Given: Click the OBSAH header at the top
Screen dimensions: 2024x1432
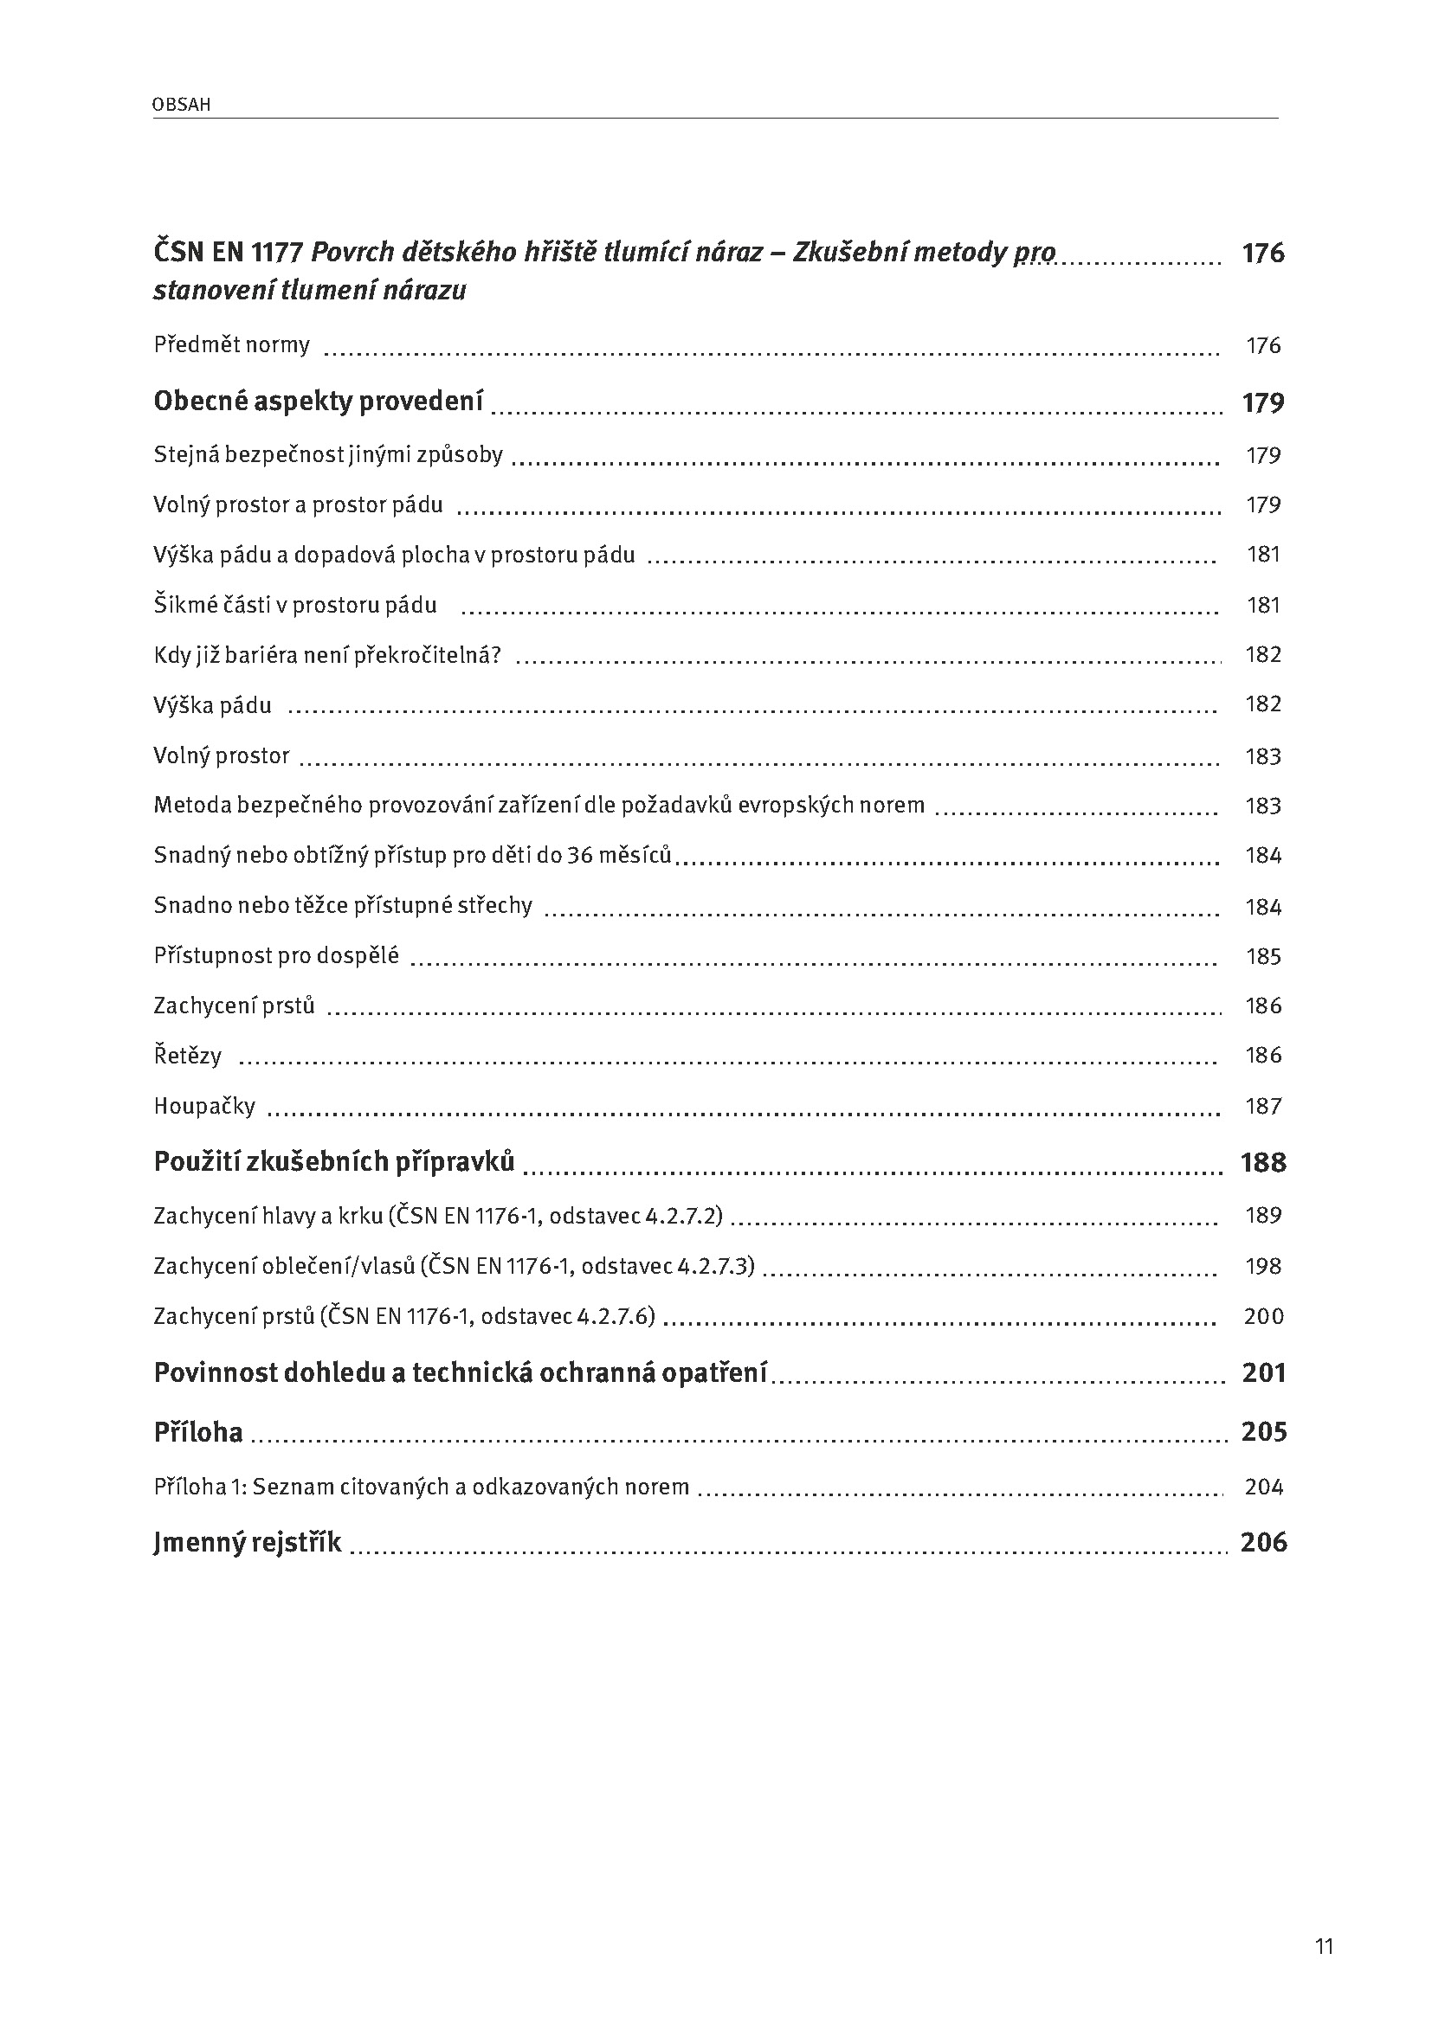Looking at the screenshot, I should click(x=181, y=105).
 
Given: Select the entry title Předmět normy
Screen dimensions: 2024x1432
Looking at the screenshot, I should click(x=232, y=344).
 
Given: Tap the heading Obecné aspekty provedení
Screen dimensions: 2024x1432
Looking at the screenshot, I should click(x=319, y=402).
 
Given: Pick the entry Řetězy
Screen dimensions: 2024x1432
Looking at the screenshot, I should click(x=188, y=1055).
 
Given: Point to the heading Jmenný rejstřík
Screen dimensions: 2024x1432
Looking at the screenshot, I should click(x=247, y=1542).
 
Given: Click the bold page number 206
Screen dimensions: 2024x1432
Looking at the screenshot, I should click(x=1263, y=1542).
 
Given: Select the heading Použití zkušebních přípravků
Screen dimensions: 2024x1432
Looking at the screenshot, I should click(x=334, y=1162).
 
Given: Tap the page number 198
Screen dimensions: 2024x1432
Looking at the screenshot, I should click(x=1262, y=1266).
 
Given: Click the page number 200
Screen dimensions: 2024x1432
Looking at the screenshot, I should click(x=1262, y=1316).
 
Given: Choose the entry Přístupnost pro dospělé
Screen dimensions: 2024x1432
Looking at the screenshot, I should click(x=276, y=955).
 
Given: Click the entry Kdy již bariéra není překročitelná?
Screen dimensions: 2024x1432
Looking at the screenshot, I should click(x=327, y=655).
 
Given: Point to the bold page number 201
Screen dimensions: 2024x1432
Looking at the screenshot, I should click(x=1263, y=1372).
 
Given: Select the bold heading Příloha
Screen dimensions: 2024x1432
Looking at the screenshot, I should click(x=198, y=1431).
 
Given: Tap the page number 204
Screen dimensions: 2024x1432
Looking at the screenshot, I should click(x=1263, y=1487).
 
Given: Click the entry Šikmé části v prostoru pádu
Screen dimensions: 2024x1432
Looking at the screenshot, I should click(x=295, y=606).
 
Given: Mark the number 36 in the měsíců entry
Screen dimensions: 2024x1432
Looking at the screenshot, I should click(x=579, y=855).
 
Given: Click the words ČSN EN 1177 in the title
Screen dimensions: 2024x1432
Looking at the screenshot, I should click(x=228, y=253).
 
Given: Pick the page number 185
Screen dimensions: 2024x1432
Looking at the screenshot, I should click(x=1262, y=956).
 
